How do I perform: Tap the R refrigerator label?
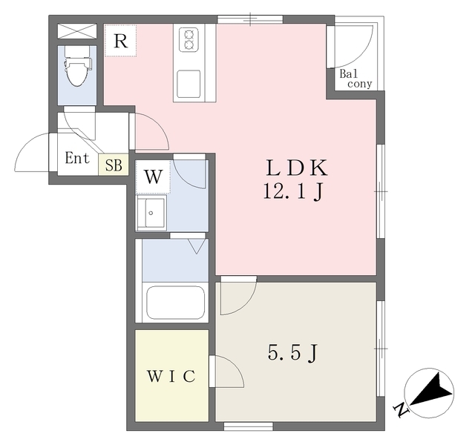tap(120, 42)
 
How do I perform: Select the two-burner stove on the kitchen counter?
tap(189, 39)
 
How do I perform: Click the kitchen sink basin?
tap(189, 84)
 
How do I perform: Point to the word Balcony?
tap(356, 79)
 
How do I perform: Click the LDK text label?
tap(297, 168)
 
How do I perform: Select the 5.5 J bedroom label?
tap(292, 353)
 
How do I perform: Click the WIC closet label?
tap(171, 376)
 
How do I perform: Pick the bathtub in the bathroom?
tap(175, 303)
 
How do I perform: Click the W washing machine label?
tap(153, 177)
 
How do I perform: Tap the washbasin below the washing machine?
tap(151, 213)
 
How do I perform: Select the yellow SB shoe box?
tap(114, 165)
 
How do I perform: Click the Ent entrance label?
tap(77, 158)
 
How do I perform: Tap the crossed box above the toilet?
tap(77, 31)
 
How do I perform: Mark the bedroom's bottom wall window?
tap(249, 426)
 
